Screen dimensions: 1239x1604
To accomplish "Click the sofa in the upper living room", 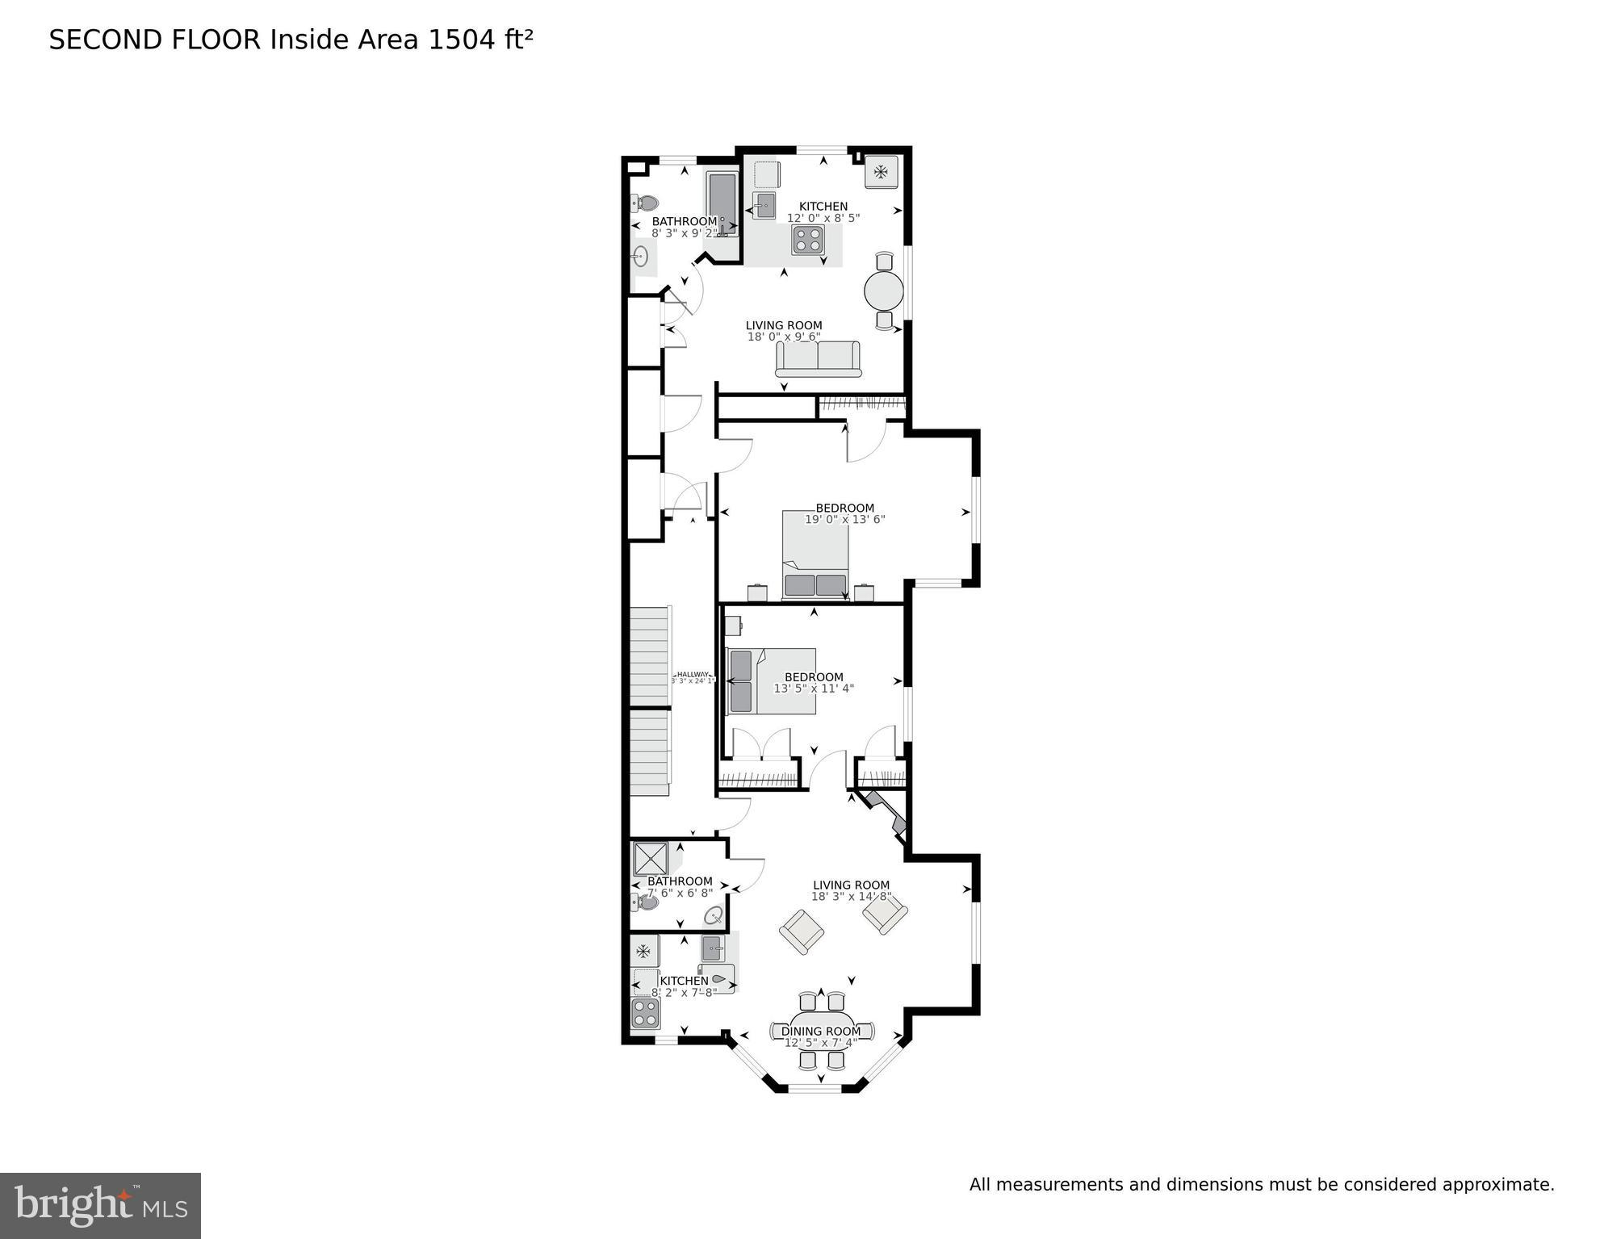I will pos(818,358).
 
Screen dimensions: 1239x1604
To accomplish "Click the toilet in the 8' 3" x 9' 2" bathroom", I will pos(645,203).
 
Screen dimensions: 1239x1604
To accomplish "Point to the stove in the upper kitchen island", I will pos(808,240).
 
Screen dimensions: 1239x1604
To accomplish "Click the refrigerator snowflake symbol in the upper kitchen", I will pos(881,171).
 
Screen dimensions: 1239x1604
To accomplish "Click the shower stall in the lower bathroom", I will pos(650,859).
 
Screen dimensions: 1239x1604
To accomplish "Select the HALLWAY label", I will pos(693,674).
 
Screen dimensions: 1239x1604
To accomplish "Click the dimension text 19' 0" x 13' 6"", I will pos(844,520).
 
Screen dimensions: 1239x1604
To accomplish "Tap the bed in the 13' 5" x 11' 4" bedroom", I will pos(771,681).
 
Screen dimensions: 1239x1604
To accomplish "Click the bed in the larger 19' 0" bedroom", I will pos(815,555).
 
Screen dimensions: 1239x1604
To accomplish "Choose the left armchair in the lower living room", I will pos(802,931).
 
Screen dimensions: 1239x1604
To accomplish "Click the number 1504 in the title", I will pos(460,40).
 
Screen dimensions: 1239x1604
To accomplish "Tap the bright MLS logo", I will pos(100,1205).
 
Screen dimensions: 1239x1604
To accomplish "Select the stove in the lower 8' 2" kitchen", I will pos(645,1013).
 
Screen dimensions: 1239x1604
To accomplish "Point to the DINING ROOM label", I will pos(820,1031).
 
